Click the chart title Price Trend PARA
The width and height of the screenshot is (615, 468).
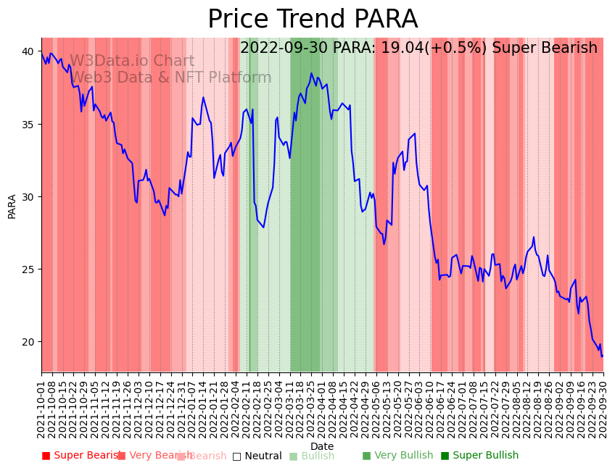[313, 19]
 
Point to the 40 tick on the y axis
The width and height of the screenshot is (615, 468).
[30, 51]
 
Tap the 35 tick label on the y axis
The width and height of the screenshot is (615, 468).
[30, 124]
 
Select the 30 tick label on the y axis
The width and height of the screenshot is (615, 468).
[30, 196]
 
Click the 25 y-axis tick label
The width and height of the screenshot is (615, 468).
[30, 269]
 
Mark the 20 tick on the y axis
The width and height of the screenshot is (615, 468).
[30, 341]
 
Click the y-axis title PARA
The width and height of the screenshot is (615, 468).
[12, 206]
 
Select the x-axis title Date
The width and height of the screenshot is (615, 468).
[322, 446]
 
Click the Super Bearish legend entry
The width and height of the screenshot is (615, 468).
[81, 456]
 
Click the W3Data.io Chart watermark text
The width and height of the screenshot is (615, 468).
[132, 62]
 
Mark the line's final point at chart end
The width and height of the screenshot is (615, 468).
[602, 356]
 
